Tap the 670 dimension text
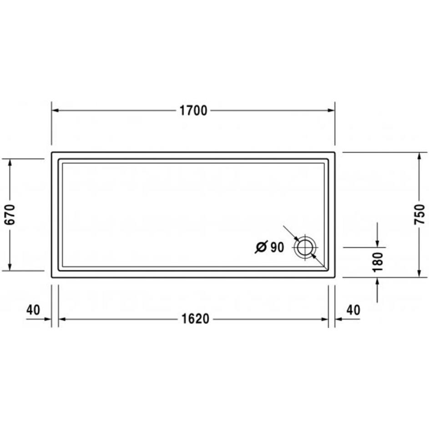pos(10,214)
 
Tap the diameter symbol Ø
pos(261,247)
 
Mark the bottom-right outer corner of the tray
pos(334,277)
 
